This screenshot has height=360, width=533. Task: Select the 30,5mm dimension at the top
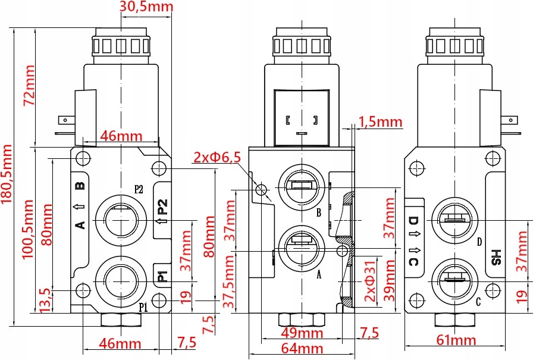point(146,7)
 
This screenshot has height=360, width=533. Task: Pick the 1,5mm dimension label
point(381,123)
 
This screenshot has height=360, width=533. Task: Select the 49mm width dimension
point(302,332)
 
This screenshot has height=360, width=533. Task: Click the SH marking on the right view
point(496,257)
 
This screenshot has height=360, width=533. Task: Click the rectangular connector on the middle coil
point(301,118)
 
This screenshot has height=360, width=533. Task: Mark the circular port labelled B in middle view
point(301,187)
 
